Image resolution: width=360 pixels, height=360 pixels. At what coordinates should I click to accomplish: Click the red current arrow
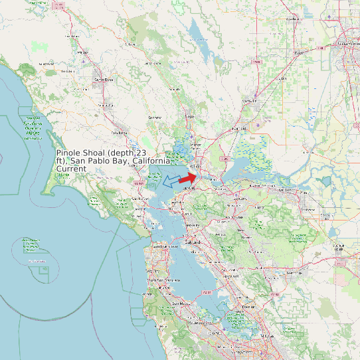188,178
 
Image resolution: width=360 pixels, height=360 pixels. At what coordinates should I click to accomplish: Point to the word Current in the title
71,169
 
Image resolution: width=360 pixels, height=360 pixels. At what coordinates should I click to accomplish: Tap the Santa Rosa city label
104,80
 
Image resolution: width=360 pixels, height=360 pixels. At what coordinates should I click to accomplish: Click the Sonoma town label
155,118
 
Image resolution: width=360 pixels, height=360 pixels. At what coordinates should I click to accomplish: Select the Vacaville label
249,101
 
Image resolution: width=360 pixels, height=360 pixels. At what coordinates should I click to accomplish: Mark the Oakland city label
193,243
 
